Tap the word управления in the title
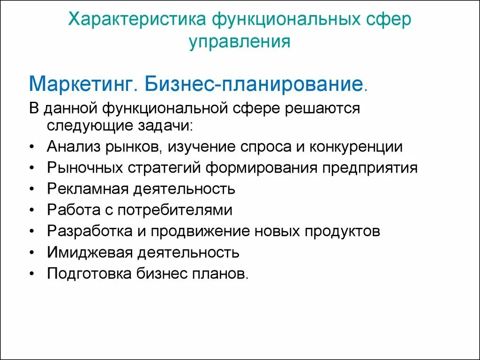tap(240, 42)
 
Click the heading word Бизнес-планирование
tap(253, 84)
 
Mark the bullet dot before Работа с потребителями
tap(31, 210)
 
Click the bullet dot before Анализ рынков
tap(31, 147)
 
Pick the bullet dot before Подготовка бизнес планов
tap(31, 274)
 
